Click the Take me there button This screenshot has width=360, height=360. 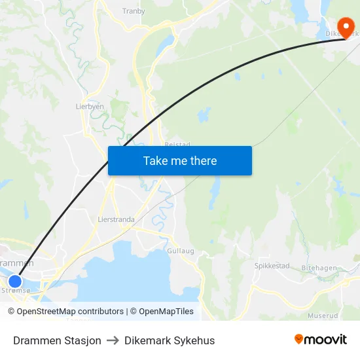(180, 160)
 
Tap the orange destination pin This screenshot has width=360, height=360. (344, 27)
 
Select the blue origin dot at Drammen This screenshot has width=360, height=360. (15, 281)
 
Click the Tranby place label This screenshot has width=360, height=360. (134, 10)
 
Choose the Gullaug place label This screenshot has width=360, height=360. (181, 251)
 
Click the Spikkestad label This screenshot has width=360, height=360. (272, 266)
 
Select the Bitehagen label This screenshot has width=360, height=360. (319, 268)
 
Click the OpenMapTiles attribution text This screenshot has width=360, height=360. (162, 312)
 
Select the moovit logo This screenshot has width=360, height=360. (321, 340)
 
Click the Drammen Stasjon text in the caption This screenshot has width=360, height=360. (57, 340)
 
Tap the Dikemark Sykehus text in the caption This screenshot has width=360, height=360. (170, 340)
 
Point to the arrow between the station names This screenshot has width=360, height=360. (113, 340)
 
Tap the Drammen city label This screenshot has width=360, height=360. (16, 262)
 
